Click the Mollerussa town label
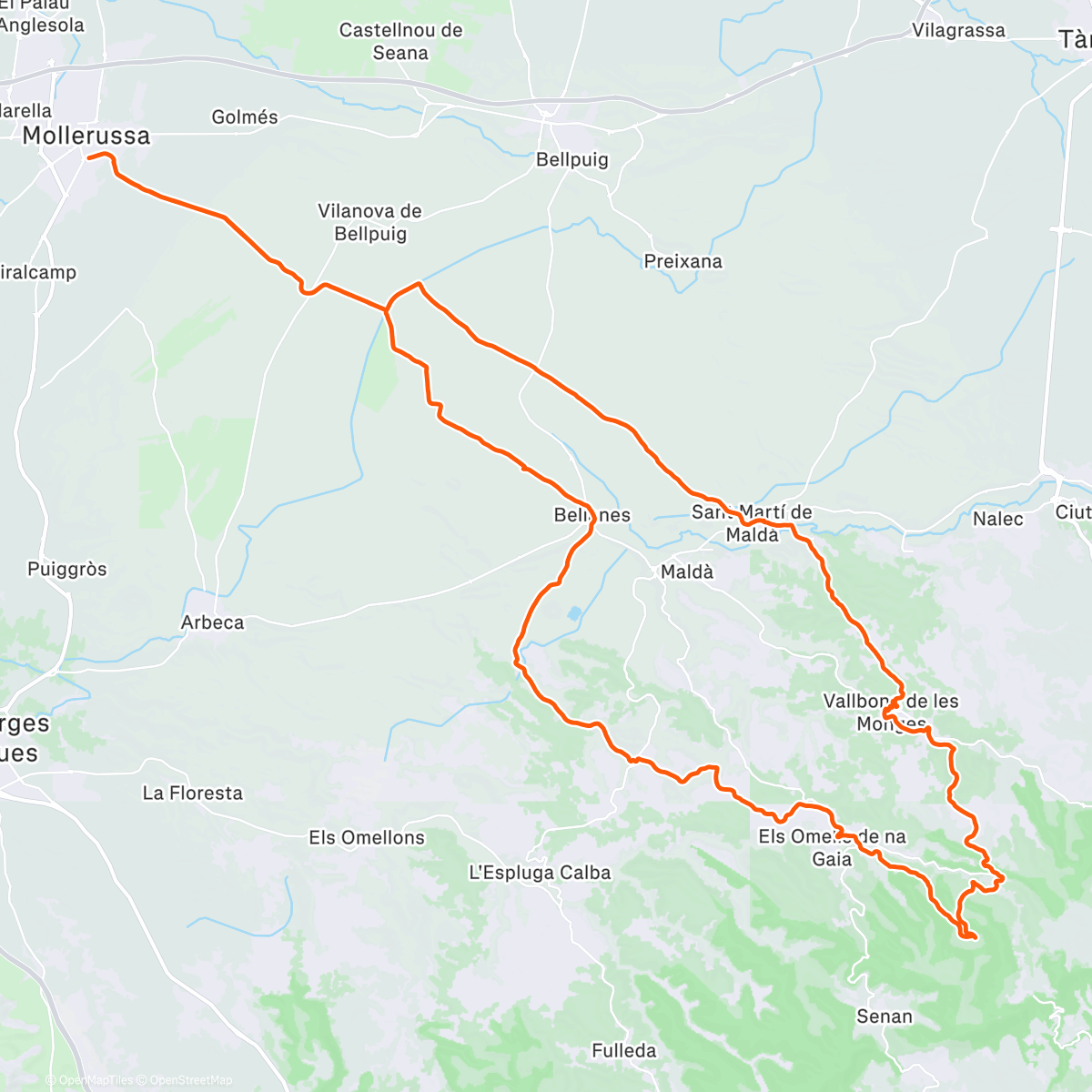click(86, 136)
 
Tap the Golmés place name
click(244, 116)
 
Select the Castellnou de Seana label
click(400, 41)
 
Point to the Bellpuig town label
click(571, 159)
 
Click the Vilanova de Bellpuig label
click(369, 222)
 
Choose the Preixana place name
click(682, 261)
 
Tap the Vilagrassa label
click(958, 30)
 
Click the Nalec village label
click(997, 519)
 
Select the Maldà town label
click(687, 571)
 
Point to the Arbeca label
click(212, 622)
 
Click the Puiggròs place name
click(66, 569)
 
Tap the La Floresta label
click(192, 793)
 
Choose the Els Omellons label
click(367, 837)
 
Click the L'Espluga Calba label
click(540, 873)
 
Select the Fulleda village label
click(623, 1050)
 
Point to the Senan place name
click(884, 1016)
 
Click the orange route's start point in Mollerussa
click(88, 157)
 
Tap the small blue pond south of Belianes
click(573, 613)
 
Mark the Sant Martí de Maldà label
click(752, 523)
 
